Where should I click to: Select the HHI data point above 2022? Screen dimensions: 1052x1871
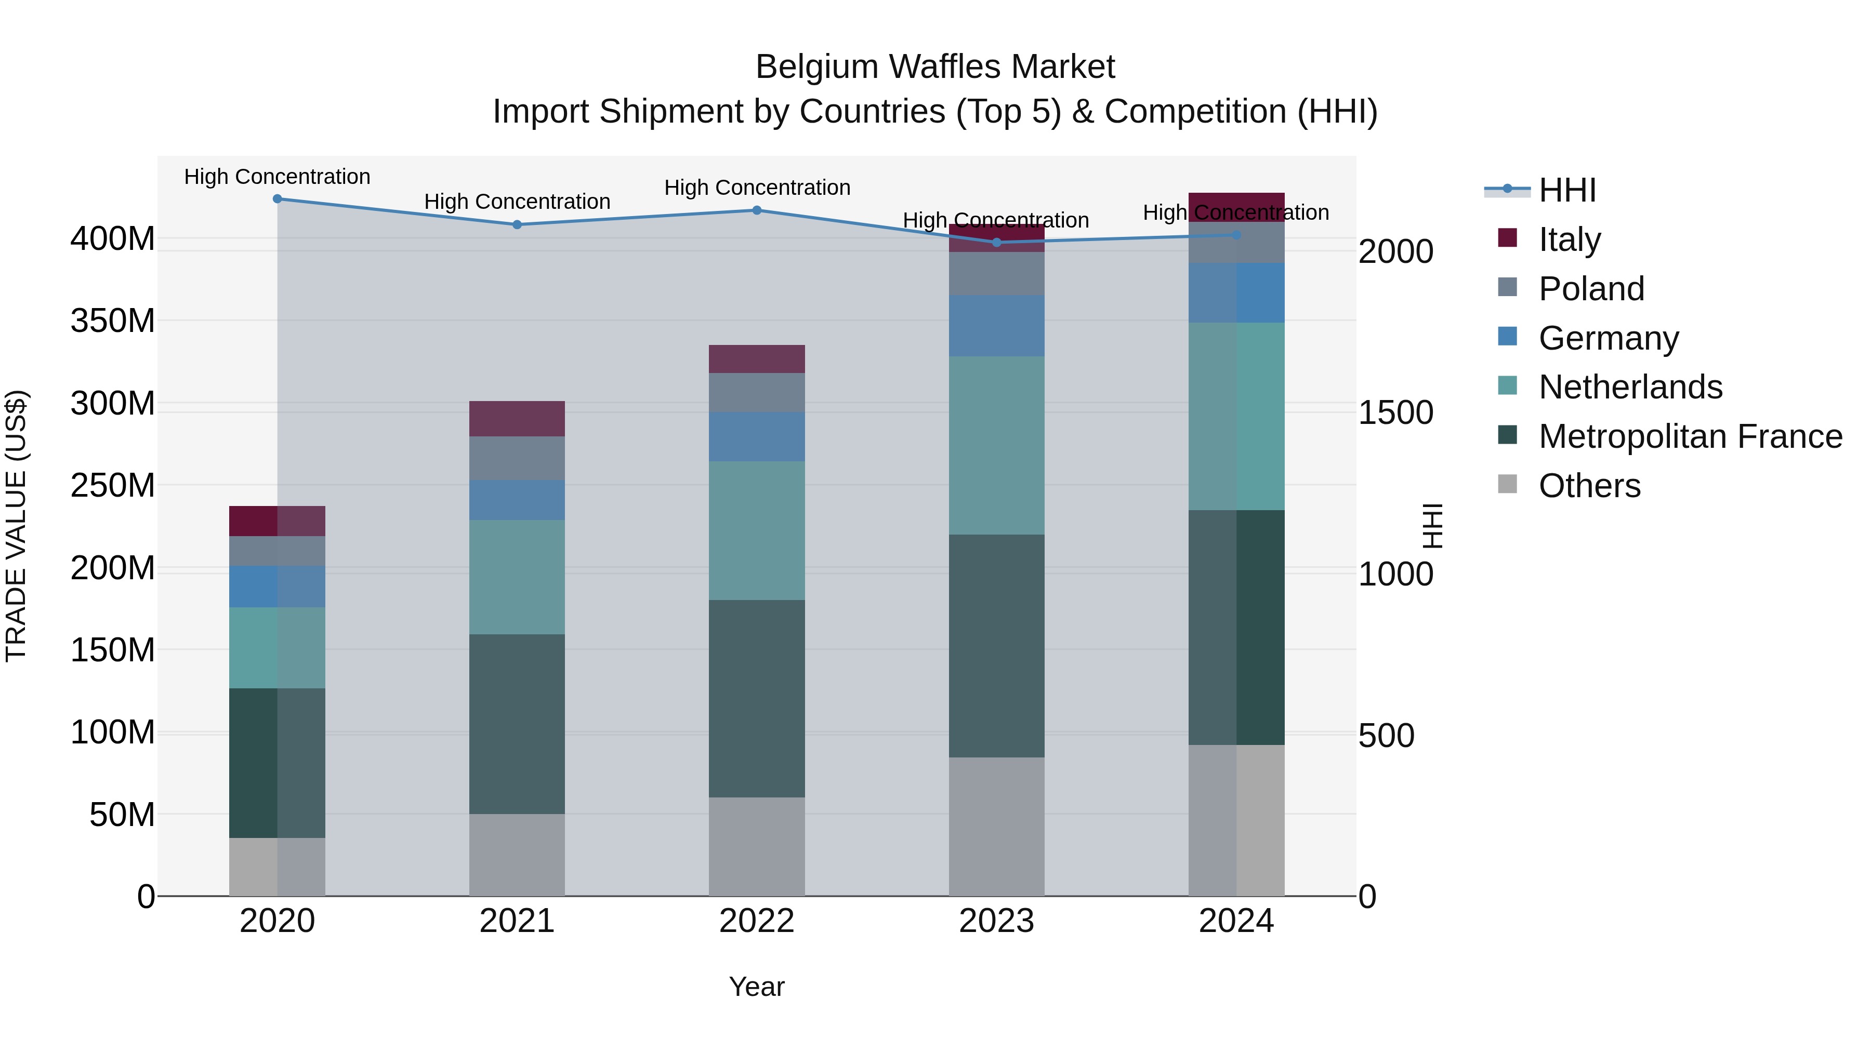[756, 210]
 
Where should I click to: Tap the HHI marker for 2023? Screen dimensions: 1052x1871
[996, 243]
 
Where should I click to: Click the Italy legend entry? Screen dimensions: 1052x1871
[1569, 239]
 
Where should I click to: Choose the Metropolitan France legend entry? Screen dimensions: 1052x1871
[1690, 436]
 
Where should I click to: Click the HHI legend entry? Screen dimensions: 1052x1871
[1566, 190]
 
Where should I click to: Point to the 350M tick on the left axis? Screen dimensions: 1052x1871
[113, 320]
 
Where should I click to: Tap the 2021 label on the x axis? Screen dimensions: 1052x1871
[517, 921]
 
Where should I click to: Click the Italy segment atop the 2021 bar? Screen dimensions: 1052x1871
[517, 418]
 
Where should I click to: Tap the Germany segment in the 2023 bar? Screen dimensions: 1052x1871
[996, 325]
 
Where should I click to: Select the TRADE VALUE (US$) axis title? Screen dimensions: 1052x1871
[16, 526]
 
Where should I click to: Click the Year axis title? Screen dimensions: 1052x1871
[756, 987]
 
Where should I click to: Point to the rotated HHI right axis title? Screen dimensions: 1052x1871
[1432, 526]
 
